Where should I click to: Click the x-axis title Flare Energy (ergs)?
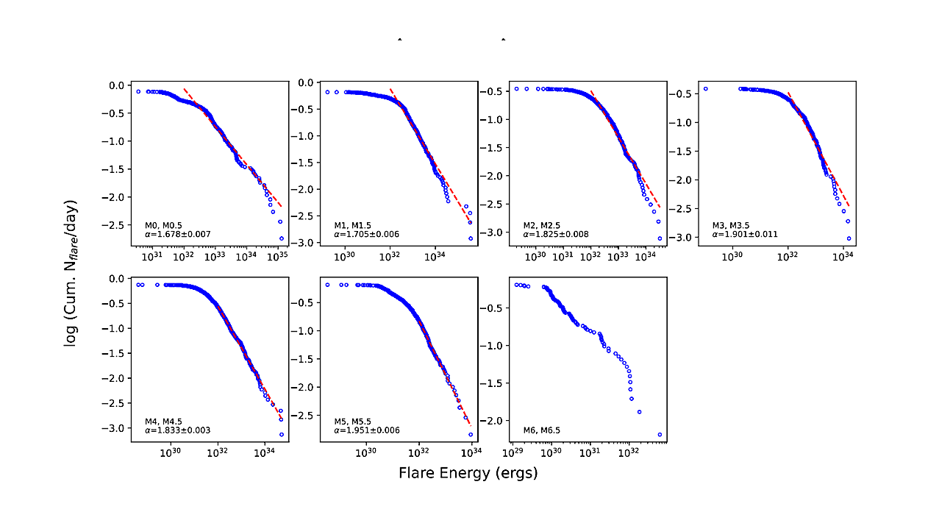pyautogui.click(x=468, y=473)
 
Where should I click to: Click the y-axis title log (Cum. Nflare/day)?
pyautogui.click(x=71, y=274)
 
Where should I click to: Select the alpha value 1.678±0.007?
pyautogui.click(x=178, y=234)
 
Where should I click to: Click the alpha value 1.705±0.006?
pyautogui.click(x=368, y=234)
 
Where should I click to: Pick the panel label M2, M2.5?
pyautogui.click(x=543, y=225)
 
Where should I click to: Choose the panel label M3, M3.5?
pyautogui.click(x=732, y=225)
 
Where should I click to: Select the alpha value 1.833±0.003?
pyautogui.click(x=178, y=430)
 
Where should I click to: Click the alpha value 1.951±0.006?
pyautogui.click(x=368, y=430)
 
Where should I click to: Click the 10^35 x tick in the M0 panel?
pyautogui.click(x=277, y=256)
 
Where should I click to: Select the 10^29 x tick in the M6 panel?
pyautogui.click(x=513, y=452)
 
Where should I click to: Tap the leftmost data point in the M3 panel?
pyautogui.click(x=705, y=89)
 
